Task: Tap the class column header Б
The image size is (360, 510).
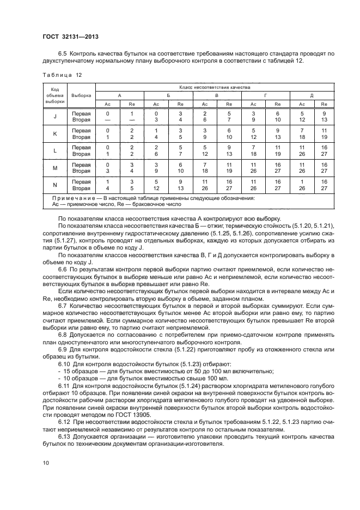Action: click(x=168, y=95)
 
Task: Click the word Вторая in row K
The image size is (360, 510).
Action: click(x=81, y=138)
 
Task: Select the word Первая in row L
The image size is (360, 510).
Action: click(x=81, y=148)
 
